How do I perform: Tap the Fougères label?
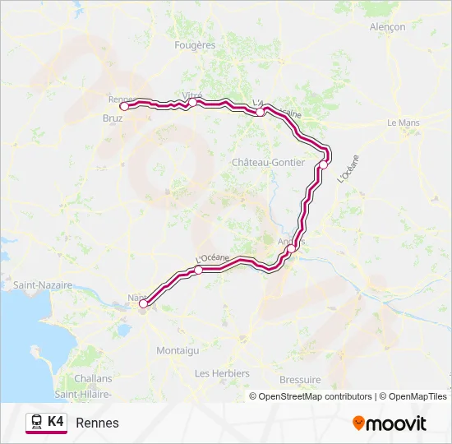click(x=195, y=45)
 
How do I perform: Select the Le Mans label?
click(x=404, y=123)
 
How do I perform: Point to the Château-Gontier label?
click(x=269, y=162)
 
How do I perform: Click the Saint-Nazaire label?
click(x=42, y=284)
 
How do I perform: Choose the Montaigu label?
click(x=178, y=350)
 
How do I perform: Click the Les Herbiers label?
click(x=222, y=373)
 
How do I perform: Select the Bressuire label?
click(x=300, y=379)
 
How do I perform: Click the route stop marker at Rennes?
click(x=124, y=106)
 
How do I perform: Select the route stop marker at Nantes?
click(x=143, y=303)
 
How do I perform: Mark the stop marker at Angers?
click(x=291, y=248)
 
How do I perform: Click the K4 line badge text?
click(x=56, y=421)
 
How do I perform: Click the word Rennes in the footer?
click(x=97, y=423)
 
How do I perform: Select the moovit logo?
click(x=390, y=423)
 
